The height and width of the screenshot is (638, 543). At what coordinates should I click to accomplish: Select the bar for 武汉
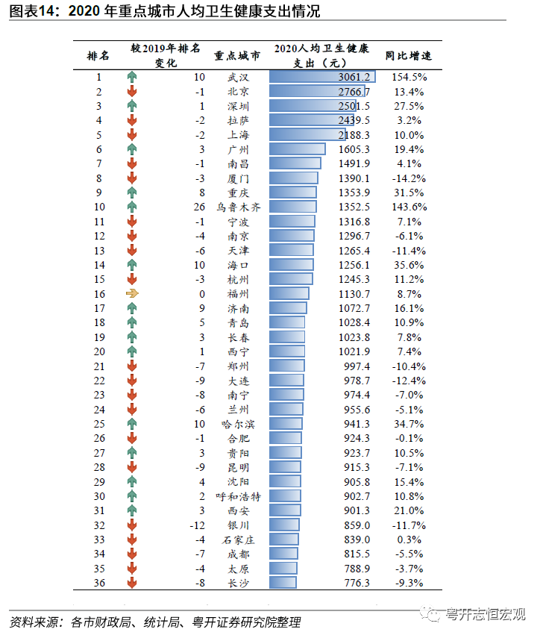[x=321, y=77]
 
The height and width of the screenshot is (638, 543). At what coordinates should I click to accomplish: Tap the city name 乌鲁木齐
[x=238, y=207]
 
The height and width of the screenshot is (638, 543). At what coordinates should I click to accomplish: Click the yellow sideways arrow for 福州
[x=132, y=294]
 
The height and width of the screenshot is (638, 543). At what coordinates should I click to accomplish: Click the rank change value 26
[x=198, y=207]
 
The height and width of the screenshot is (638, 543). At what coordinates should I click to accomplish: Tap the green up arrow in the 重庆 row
[x=132, y=193]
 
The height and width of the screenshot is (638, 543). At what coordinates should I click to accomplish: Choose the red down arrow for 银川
[x=132, y=525]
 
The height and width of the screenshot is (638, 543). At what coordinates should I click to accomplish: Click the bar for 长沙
[x=283, y=583]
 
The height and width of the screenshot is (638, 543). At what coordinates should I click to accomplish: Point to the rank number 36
[x=99, y=583]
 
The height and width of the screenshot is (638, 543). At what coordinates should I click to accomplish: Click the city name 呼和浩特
[x=238, y=496]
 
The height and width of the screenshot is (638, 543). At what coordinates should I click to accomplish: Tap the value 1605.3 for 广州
[x=354, y=149]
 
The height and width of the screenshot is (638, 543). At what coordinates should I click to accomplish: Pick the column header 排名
[x=98, y=55]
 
